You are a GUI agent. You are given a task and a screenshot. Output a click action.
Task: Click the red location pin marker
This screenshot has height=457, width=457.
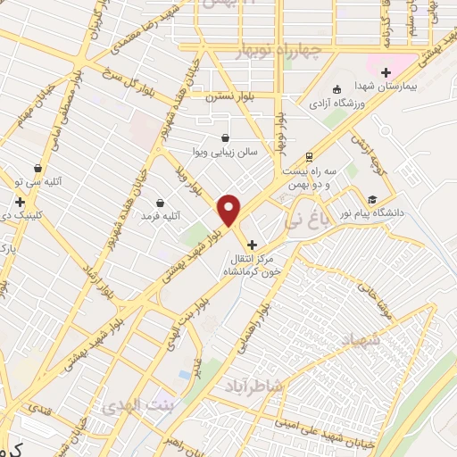(229, 209)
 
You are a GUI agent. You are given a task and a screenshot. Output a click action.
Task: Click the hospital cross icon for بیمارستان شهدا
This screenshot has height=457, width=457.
(386, 72)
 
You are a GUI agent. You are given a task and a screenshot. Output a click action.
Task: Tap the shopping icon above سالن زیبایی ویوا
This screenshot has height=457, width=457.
(224, 137)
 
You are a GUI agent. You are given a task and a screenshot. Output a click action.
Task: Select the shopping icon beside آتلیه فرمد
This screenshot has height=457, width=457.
(160, 203)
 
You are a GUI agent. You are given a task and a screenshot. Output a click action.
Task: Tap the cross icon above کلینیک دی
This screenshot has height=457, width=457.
(20, 202)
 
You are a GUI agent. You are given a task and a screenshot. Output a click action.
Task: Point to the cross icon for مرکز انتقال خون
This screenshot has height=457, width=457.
(252, 244)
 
